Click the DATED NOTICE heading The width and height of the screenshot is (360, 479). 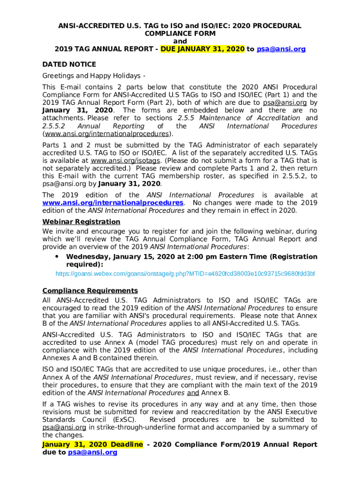(x=69, y=64)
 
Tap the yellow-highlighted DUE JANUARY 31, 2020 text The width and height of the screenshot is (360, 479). (x=202, y=49)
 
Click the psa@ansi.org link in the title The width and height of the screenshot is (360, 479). (x=281, y=49)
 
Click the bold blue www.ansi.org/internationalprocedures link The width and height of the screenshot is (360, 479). (x=113, y=203)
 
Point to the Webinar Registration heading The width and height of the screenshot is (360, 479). (x=81, y=221)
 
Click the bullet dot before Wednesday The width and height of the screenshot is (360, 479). (x=57, y=256)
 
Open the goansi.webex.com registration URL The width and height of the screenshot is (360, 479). (x=185, y=273)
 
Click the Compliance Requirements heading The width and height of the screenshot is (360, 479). (x=90, y=290)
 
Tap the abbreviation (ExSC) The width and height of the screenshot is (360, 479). (x=124, y=420)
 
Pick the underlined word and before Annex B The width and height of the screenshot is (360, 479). (x=193, y=392)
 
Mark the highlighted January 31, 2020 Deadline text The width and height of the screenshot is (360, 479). (x=93, y=444)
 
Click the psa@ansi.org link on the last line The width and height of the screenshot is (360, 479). (x=93, y=452)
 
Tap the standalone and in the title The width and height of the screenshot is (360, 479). (x=180, y=41)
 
